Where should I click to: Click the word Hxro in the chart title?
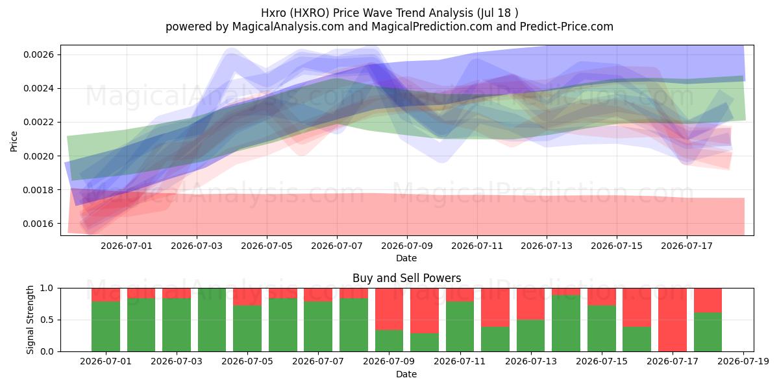click(271, 13)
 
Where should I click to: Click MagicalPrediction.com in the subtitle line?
click(432, 27)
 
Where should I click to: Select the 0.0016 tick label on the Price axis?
click(38, 224)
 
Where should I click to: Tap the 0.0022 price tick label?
click(38, 123)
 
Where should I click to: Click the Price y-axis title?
click(14, 141)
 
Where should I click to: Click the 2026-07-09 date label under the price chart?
click(407, 246)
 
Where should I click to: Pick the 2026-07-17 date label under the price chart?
click(687, 246)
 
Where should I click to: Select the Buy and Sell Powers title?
click(407, 278)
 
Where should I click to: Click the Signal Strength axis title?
click(30, 320)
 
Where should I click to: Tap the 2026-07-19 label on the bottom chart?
click(743, 362)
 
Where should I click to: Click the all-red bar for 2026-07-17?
click(673, 320)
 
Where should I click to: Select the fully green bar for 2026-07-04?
click(212, 320)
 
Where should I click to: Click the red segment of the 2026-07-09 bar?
click(389, 309)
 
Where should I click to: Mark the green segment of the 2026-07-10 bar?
click(425, 342)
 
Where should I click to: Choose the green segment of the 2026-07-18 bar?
click(708, 332)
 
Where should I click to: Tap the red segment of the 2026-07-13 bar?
click(531, 304)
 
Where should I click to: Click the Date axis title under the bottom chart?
click(406, 374)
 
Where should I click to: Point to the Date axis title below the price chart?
click(406, 258)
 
